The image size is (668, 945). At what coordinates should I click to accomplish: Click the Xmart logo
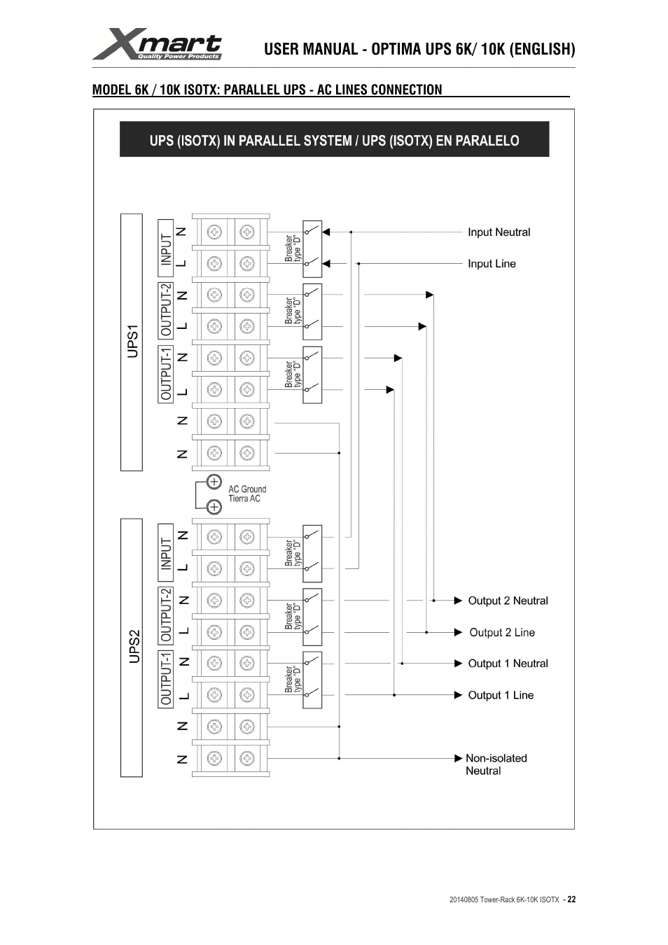[x=157, y=44]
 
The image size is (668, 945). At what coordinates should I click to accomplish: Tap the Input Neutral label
[x=499, y=232]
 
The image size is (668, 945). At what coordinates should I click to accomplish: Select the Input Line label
[x=492, y=264]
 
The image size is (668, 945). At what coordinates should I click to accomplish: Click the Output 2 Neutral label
[x=508, y=601]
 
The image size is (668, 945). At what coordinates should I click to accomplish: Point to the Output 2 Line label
[x=502, y=632]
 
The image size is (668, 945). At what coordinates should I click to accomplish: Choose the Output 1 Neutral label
[x=508, y=663]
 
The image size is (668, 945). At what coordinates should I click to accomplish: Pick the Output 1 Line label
[x=501, y=695]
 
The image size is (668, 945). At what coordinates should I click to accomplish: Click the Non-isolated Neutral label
[x=496, y=764]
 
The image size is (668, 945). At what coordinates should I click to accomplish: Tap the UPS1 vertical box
[x=132, y=342]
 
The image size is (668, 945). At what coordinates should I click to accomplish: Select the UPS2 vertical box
[x=132, y=647]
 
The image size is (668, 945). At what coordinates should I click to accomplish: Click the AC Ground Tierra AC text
[x=247, y=493]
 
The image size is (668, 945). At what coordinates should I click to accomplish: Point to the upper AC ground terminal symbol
[x=214, y=482]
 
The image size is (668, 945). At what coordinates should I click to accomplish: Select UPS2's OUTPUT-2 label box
[x=166, y=616]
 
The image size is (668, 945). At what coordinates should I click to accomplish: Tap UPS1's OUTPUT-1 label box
[x=166, y=374]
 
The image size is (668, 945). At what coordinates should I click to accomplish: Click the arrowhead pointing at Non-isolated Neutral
[x=458, y=758]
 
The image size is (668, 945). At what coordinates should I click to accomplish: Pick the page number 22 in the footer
[x=571, y=899]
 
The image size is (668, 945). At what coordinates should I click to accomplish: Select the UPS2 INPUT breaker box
[x=312, y=554]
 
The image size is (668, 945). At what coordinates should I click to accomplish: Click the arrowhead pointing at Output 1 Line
[x=458, y=695]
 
